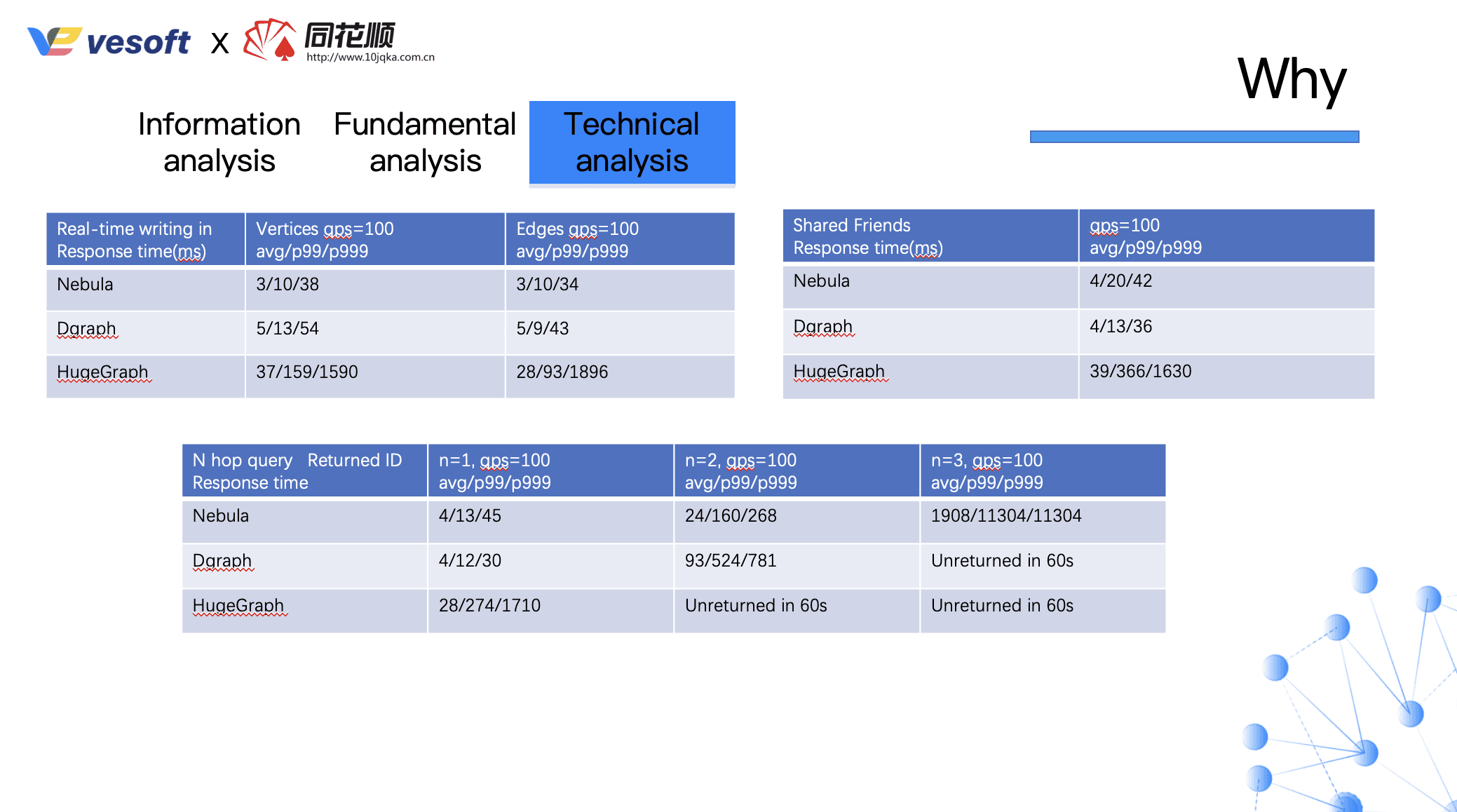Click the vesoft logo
coord(109,41)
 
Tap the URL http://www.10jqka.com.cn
coord(370,57)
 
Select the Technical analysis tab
coord(632,142)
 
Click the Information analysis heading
coord(219,142)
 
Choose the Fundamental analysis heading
coord(425,142)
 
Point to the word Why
coord(1292,79)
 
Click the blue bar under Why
coord(1194,137)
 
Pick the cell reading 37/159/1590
coord(307,372)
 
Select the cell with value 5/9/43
coord(543,328)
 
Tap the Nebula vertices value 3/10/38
coord(287,284)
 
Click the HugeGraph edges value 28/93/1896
coord(562,372)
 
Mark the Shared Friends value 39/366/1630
coord(1141,371)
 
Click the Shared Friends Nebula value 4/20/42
coord(1121,280)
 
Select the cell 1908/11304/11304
coord(1006,515)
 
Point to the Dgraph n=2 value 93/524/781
coord(731,560)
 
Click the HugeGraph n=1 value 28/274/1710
coord(489,605)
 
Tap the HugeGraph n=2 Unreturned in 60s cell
coord(756,605)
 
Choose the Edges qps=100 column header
coord(578,239)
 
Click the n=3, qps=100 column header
coord(987,471)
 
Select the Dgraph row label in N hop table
coord(222,560)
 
